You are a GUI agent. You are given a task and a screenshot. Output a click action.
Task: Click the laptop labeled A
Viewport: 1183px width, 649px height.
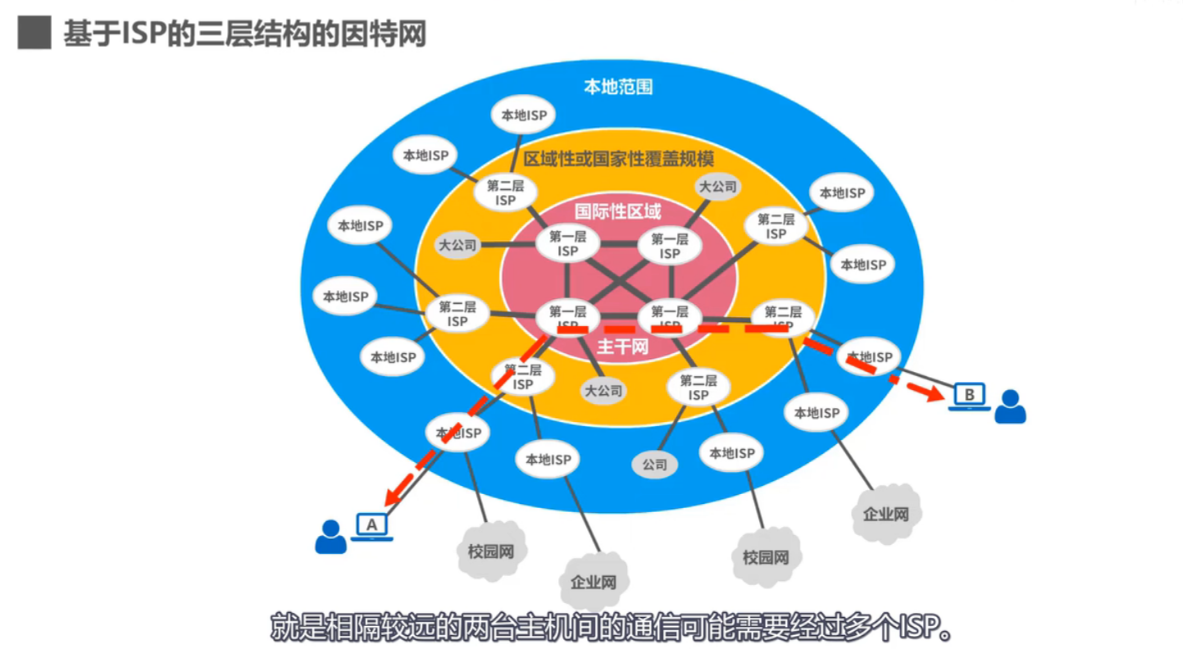coord(372,525)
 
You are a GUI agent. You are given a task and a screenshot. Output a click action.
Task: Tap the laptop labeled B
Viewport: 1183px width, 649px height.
coord(969,397)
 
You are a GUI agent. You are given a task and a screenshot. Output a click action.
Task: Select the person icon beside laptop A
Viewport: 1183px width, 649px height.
coord(331,538)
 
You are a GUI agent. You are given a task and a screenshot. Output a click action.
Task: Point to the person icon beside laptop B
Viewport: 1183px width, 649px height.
coord(1010,407)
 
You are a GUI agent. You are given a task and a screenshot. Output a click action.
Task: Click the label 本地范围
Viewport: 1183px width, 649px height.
coord(618,87)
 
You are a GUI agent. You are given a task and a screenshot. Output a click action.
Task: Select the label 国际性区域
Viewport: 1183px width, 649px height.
coord(617,211)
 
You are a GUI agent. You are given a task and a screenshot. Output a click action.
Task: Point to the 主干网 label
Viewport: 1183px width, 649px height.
coord(622,347)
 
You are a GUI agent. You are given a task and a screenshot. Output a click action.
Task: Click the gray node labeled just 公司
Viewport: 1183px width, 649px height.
coord(654,465)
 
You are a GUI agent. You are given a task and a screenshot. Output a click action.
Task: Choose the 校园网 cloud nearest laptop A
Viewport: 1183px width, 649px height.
coord(491,551)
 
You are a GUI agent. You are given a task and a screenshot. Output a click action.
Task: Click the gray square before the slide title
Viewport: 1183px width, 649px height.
coord(34,34)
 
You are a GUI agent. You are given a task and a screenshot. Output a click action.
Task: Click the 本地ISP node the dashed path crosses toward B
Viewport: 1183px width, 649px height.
coord(869,356)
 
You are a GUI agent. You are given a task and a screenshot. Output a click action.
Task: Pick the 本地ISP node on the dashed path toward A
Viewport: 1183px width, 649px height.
coord(458,433)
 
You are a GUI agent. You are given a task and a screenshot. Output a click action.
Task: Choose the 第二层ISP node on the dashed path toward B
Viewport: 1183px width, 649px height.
coord(782,318)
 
